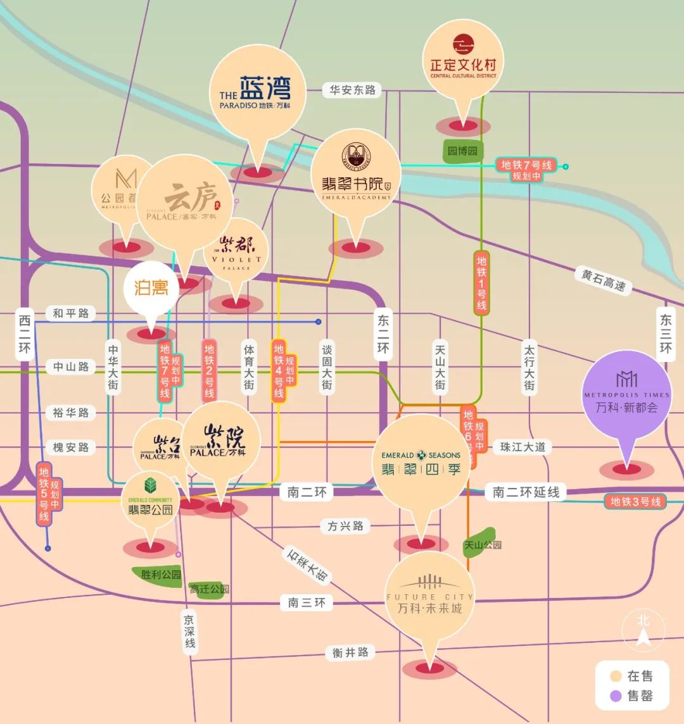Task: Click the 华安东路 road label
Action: [353, 90]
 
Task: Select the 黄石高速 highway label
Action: [604, 280]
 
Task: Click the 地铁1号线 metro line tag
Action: [482, 283]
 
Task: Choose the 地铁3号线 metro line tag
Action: [635, 502]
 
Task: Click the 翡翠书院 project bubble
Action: [355, 174]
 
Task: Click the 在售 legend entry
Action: [631, 676]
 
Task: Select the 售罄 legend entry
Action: [631, 697]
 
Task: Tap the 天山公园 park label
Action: [483, 544]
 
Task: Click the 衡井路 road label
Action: [350, 652]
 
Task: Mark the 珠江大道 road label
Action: [522, 447]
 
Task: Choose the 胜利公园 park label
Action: [161, 575]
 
